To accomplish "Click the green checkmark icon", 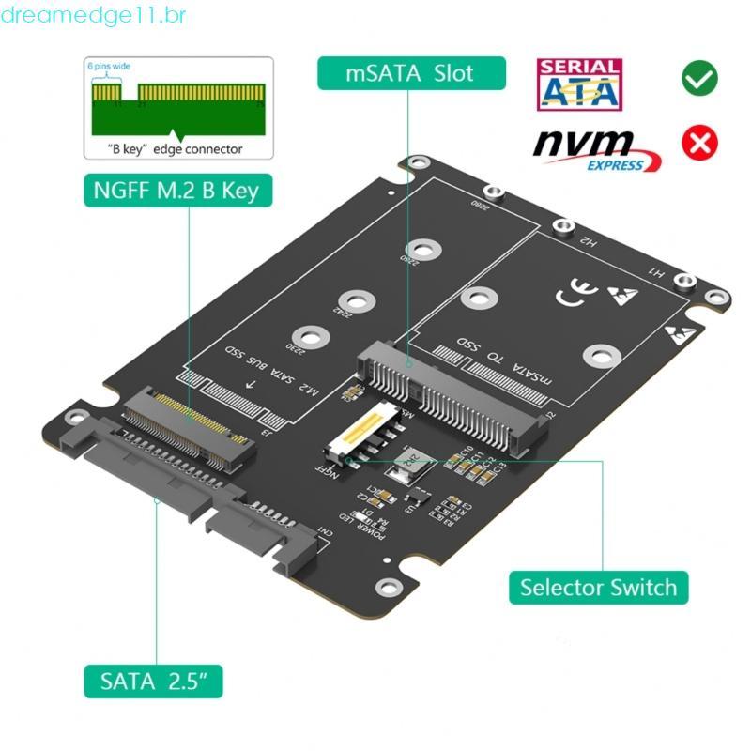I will [x=699, y=79].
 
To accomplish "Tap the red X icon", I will [x=699, y=142].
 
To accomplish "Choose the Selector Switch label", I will [x=598, y=588].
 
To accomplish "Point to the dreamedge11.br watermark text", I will [x=94, y=16].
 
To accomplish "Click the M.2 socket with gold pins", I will [x=187, y=422].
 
